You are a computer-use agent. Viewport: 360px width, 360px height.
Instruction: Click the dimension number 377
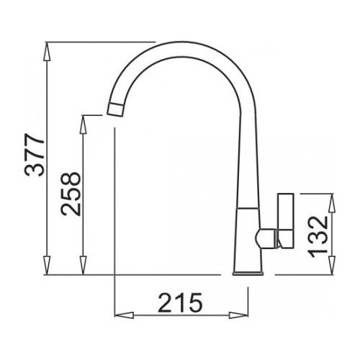click(35, 155)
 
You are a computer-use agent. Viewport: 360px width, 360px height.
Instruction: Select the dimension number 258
click(71, 194)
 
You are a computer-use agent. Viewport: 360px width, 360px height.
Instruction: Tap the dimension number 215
click(181, 302)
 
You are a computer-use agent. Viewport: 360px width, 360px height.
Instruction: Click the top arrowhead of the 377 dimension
click(47, 52)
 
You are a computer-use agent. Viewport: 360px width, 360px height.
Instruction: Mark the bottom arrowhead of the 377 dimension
click(47, 266)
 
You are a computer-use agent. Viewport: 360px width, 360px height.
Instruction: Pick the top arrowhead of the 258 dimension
click(83, 125)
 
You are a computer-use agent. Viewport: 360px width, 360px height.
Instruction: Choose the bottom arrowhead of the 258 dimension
click(83, 266)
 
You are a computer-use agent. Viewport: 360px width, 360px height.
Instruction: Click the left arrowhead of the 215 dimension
click(125, 315)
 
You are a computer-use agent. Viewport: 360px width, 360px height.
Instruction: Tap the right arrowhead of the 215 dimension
click(238, 315)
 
